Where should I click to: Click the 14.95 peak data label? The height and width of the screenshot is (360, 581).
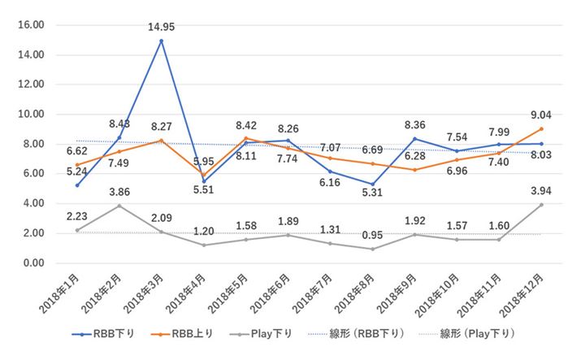(x=161, y=27)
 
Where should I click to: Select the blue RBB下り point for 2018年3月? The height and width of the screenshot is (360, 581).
(x=161, y=41)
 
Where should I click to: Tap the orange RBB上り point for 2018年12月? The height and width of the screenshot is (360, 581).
(x=540, y=128)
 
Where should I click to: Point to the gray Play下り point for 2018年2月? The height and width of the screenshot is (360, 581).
(x=119, y=206)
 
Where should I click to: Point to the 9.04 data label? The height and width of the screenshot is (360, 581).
(x=540, y=115)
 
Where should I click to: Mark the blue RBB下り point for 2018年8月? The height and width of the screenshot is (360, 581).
(x=371, y=184)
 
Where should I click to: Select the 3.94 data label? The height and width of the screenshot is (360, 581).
(x=540, y=191)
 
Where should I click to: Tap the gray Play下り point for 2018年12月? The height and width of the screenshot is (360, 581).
(x=540, y=205)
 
